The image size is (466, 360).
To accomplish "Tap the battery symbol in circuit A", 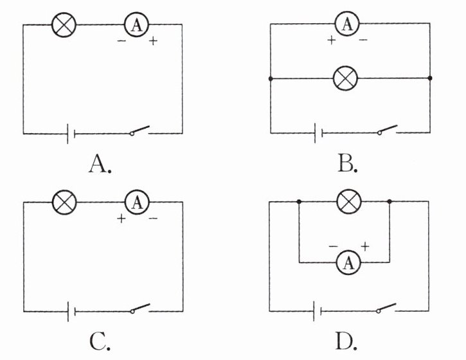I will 71,134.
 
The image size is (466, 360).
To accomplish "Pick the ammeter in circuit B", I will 347,24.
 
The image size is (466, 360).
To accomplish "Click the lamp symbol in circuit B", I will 347,78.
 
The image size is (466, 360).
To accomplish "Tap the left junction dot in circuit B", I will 271,78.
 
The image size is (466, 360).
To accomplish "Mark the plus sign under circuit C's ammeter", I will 121,219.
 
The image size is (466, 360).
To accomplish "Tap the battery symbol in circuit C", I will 71,311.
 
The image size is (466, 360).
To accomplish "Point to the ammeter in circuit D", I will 348,262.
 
